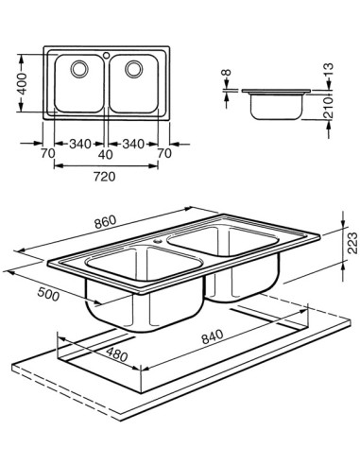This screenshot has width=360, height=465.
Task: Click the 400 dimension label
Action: pyautogui.click(x=22, y=84)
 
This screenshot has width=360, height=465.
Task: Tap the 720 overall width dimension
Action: pyautogui.click(x=105, y=177)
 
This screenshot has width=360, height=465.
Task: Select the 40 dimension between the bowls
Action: pyautogui.click(x=106, y=154)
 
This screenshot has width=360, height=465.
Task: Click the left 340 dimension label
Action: pyautogui.click(x=80, y=144)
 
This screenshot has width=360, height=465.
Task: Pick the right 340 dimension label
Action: pyautogui.click(x=133, y=144)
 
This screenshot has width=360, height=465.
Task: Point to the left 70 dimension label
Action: pyautogui.click(x=48, y=154)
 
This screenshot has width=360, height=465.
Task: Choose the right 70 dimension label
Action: pyautogui.click(x=164, y=153)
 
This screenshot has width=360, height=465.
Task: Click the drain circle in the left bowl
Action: pyautogui.click(x=79, y=69)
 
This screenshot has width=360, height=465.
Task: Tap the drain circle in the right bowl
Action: pyautogui.click(x=134, y=69)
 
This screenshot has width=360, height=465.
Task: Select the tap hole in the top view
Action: pyautogui.click(x=107, y=56)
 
